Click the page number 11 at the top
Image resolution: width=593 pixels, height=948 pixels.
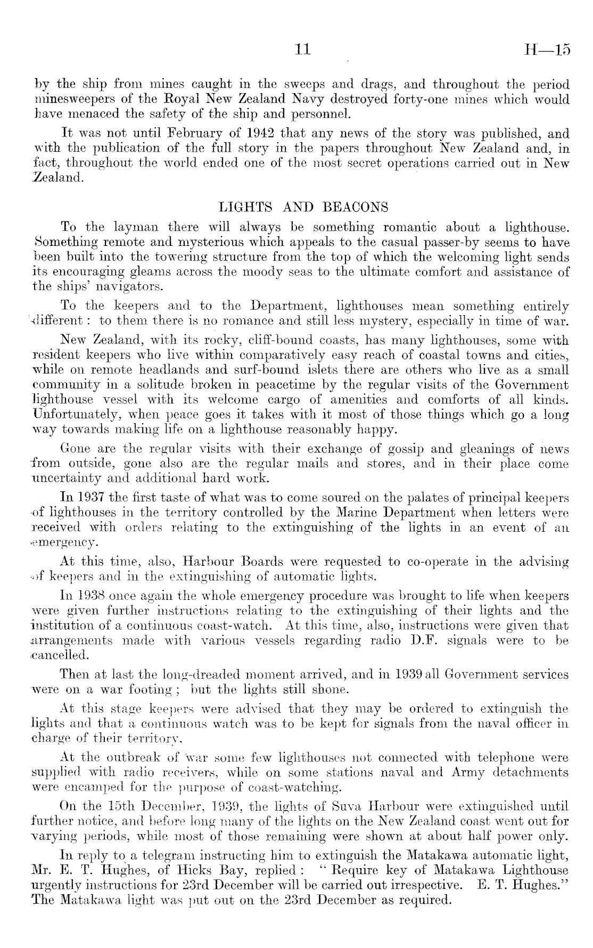click(x=302, y=50)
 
